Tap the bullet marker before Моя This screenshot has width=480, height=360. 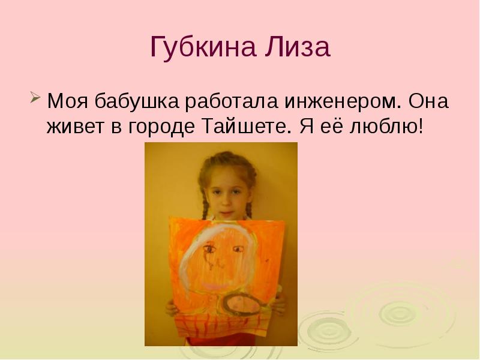pyautogui.click(x=35, y=97)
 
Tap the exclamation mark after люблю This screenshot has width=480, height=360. pyautogui.click(x=420, y=127)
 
